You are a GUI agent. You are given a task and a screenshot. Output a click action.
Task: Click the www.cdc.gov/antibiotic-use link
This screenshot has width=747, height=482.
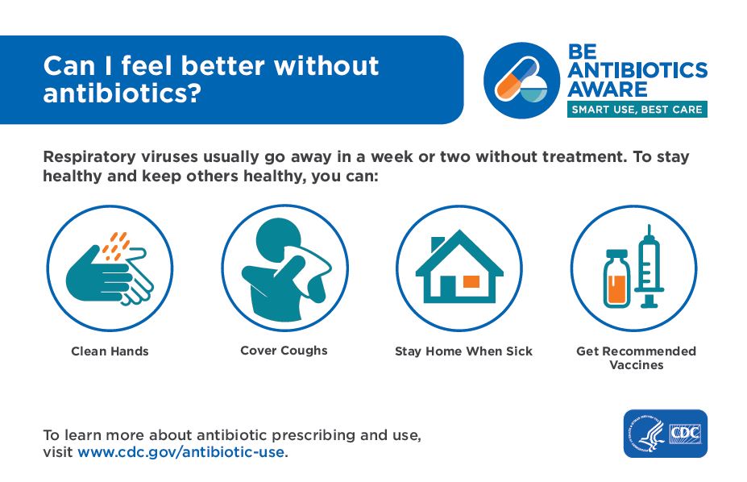(181, 451)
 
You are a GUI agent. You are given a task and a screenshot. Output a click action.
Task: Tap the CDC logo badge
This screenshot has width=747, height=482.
(665, 434)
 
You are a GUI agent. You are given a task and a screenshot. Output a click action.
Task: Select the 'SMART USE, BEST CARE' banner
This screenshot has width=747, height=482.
(637, 110)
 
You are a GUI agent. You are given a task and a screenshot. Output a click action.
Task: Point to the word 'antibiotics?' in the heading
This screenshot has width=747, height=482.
(122, 93)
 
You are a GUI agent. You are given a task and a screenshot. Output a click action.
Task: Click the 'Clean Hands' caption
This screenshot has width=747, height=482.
(110, 351)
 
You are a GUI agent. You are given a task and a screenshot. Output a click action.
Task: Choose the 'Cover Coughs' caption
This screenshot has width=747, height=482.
(284, 351)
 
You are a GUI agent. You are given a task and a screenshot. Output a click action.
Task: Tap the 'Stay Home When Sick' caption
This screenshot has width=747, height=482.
(463, 351)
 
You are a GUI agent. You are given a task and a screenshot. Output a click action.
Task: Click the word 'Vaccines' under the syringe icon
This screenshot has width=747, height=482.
(637, 365)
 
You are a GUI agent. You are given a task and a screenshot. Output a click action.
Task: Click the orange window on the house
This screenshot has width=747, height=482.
(471, 281)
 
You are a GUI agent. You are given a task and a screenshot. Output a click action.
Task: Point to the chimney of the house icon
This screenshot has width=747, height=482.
(437, 244)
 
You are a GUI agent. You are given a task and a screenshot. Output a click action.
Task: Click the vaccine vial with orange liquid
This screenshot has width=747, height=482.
(617, 279)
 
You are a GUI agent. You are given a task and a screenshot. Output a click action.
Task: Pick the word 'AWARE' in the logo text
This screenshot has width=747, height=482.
(608, 89)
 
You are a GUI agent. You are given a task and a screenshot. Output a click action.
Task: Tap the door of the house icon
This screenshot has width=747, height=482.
(447, 287)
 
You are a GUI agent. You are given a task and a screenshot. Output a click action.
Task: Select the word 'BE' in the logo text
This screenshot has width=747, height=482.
(582, 52)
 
